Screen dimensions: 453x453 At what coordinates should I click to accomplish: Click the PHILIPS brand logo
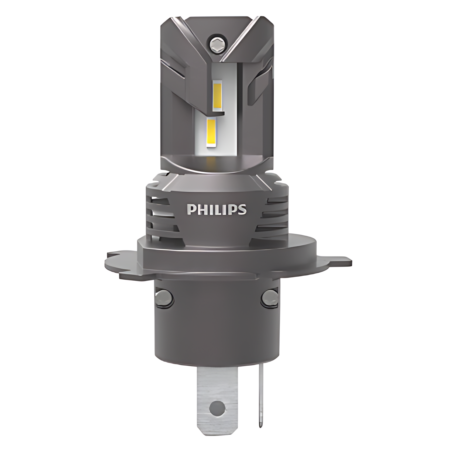(217, 210)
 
